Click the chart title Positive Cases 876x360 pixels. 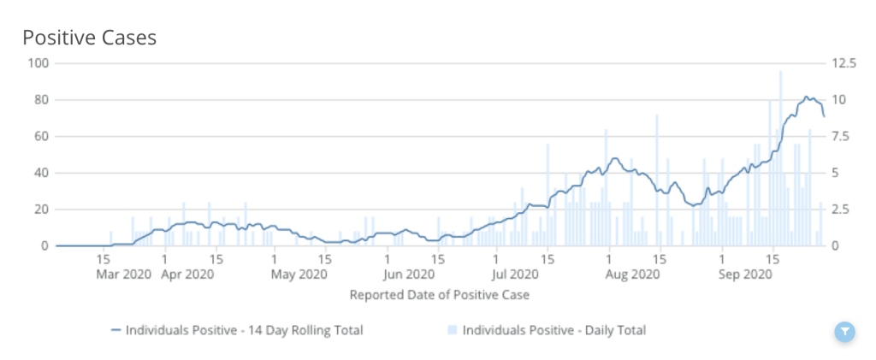[x=89, y=38]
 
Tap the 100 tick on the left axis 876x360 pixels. [x=38, y=63]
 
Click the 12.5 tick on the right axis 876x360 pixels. [x=842, y=63]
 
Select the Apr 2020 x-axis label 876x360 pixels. [x=187, y=275]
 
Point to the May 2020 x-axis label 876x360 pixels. [x=299, y=275]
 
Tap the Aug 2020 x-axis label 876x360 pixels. [x=633, y=275]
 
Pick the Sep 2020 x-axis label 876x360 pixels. [x=744, y=275]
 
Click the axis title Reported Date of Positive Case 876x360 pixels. [x=439, y=295]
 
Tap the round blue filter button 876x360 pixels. [x=844, y=332]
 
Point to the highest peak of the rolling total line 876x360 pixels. [x=806, y=97]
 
